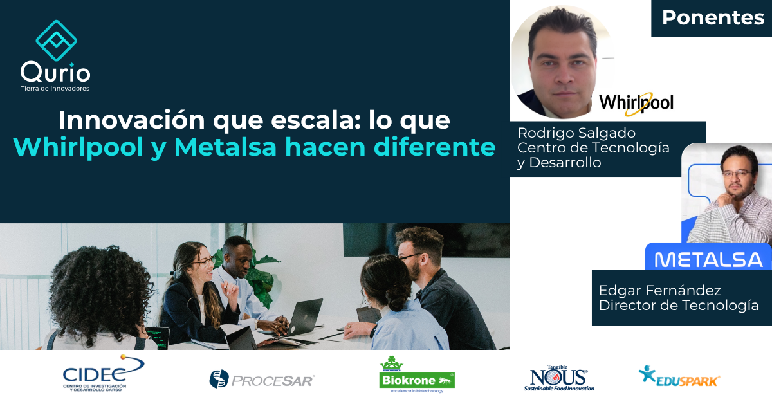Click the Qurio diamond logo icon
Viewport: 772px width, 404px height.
click(56, 41)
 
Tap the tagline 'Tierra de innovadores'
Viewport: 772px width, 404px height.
click(55, 89)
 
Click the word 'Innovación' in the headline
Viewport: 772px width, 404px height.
click(132, 120)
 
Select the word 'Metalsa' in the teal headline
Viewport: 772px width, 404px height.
click(225, 147)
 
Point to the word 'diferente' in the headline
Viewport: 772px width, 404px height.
click(435, 147)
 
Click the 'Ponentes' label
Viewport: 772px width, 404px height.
click(713, 17)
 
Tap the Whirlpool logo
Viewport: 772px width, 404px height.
click(636, 103)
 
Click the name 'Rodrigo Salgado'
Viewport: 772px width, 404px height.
click(576, 133)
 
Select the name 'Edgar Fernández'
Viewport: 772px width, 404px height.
click(659, 291)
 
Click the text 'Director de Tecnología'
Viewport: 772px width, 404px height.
click(679, 306)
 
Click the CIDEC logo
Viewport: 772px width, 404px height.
click(104, 374)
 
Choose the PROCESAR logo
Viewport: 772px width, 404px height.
click(262, 380)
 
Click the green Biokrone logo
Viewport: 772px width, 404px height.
click(417, 374)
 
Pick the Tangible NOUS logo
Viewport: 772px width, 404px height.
click(559, 378)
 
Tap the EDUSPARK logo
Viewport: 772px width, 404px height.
click(679, 376)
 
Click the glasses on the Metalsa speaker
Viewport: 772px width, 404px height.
click(737, 174)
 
